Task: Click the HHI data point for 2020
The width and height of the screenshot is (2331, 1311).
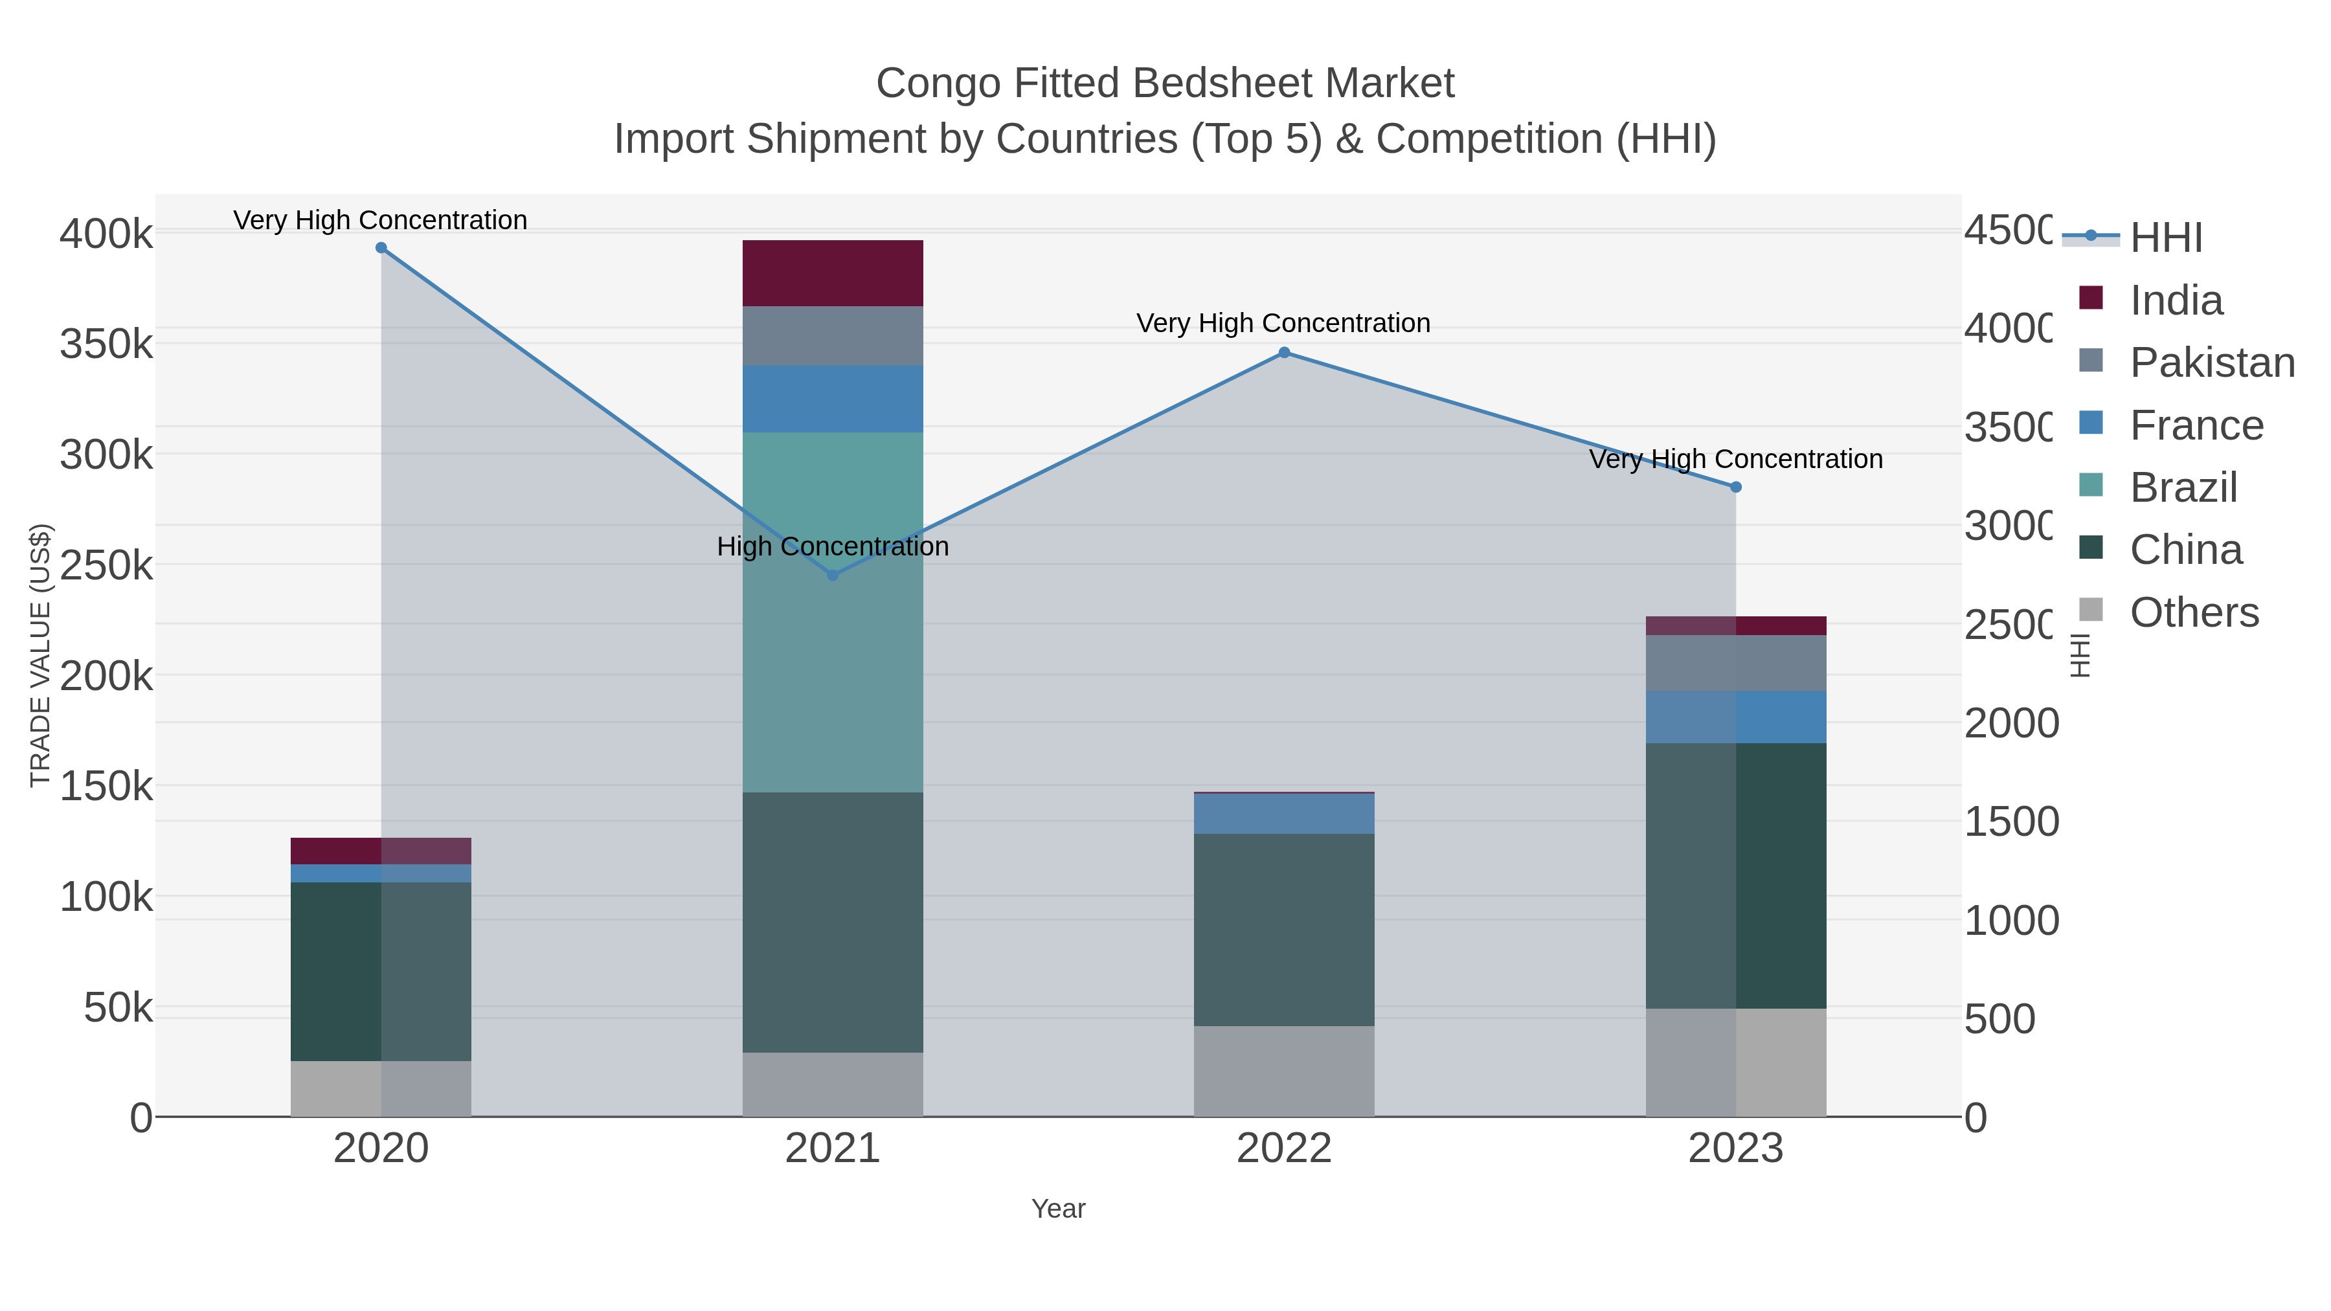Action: pyautogui.click(x=381, y=248)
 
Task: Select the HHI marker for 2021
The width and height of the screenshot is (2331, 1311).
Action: pyautogui.click(x=833, y=576)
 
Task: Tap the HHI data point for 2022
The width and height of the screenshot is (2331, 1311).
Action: pyautogui.click(x=1284, y=353)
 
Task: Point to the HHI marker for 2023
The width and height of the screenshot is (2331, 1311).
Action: pyautogui.click(x=1735, y=487)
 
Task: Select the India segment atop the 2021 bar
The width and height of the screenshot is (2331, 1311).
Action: pyautogui.click(x=833, y=273)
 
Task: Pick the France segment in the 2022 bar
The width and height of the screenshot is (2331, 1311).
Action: pyautogui.click(x=1284, y=813)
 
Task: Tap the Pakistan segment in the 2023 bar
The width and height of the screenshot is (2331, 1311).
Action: pyautogui.click(x=1735, y=662)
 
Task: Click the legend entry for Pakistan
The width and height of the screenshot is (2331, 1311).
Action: pyautogui.click(x=2212, y=363)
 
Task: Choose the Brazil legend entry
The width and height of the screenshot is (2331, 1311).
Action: pyautogui.click(x=2183, y=487)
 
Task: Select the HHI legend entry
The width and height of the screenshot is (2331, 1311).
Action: pyautogui.click(x=2165, y=238)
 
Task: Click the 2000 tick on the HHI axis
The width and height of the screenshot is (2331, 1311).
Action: pyautogui.click(x=2010, y=724)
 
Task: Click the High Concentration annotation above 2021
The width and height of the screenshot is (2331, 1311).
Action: pyautogui.click(x=833, y=546)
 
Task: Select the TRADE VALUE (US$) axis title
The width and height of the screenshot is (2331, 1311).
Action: pyautogui.click(x=39, y=655)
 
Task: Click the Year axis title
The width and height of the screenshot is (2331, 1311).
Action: pyautogui.click(x=1058, y=1209)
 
